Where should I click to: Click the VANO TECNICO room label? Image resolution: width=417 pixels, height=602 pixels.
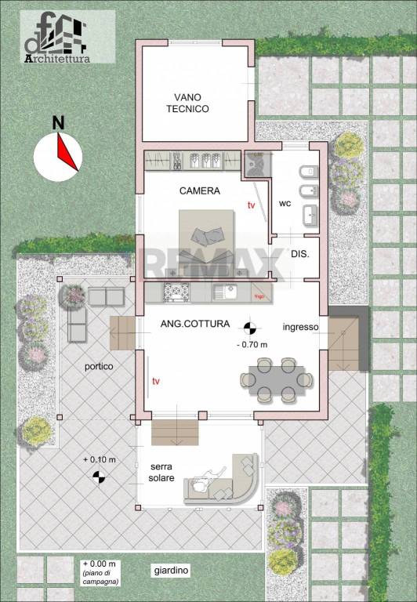point(187,103)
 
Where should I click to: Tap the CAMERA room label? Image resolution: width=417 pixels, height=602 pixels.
point(200,190)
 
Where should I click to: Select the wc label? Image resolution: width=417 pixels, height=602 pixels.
point(285,205)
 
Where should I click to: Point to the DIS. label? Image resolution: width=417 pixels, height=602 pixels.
point(299,254)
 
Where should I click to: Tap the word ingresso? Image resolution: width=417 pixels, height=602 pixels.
point(300,326)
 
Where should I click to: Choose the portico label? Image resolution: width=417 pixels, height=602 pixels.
point(100,366)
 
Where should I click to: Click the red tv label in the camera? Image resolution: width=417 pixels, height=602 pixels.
point(251,205)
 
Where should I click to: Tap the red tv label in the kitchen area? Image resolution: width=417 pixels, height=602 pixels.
point(157,381)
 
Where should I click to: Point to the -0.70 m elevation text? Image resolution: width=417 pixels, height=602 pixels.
point(251,344)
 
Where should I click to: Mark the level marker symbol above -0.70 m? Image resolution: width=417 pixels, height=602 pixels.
point(250,328)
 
